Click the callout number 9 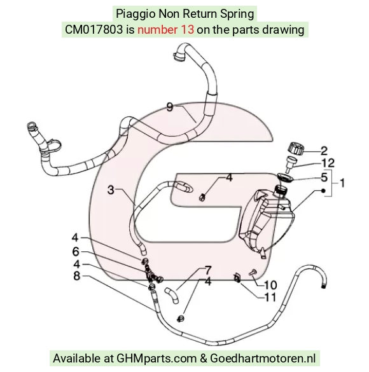(170, 107)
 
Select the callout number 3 (111, 190)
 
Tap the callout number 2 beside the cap (324, 151)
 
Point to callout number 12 (328, 163)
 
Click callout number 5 (324, 177)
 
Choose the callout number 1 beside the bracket (342, 183)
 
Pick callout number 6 (76, 251)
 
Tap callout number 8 (76, 276)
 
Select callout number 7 (208, 270)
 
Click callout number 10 (270, 285)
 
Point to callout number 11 (270, 297)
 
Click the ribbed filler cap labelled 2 (296, 148)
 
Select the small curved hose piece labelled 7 (172, 295)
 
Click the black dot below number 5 (323, 191)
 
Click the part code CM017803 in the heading (94, 30)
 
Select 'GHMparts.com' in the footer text (157, 358)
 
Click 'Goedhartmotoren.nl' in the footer (263, 358)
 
